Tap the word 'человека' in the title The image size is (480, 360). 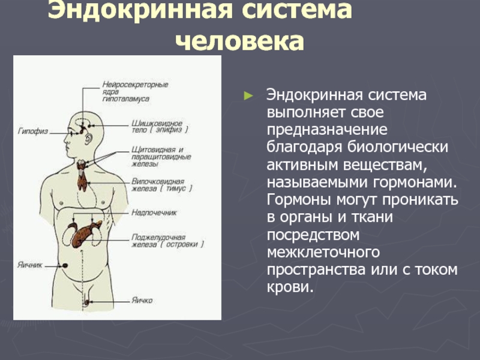239,43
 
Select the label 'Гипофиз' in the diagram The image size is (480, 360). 29,130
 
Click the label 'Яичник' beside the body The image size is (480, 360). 29,265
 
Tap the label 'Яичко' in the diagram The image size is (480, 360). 142,300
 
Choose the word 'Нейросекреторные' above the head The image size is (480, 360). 135,84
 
